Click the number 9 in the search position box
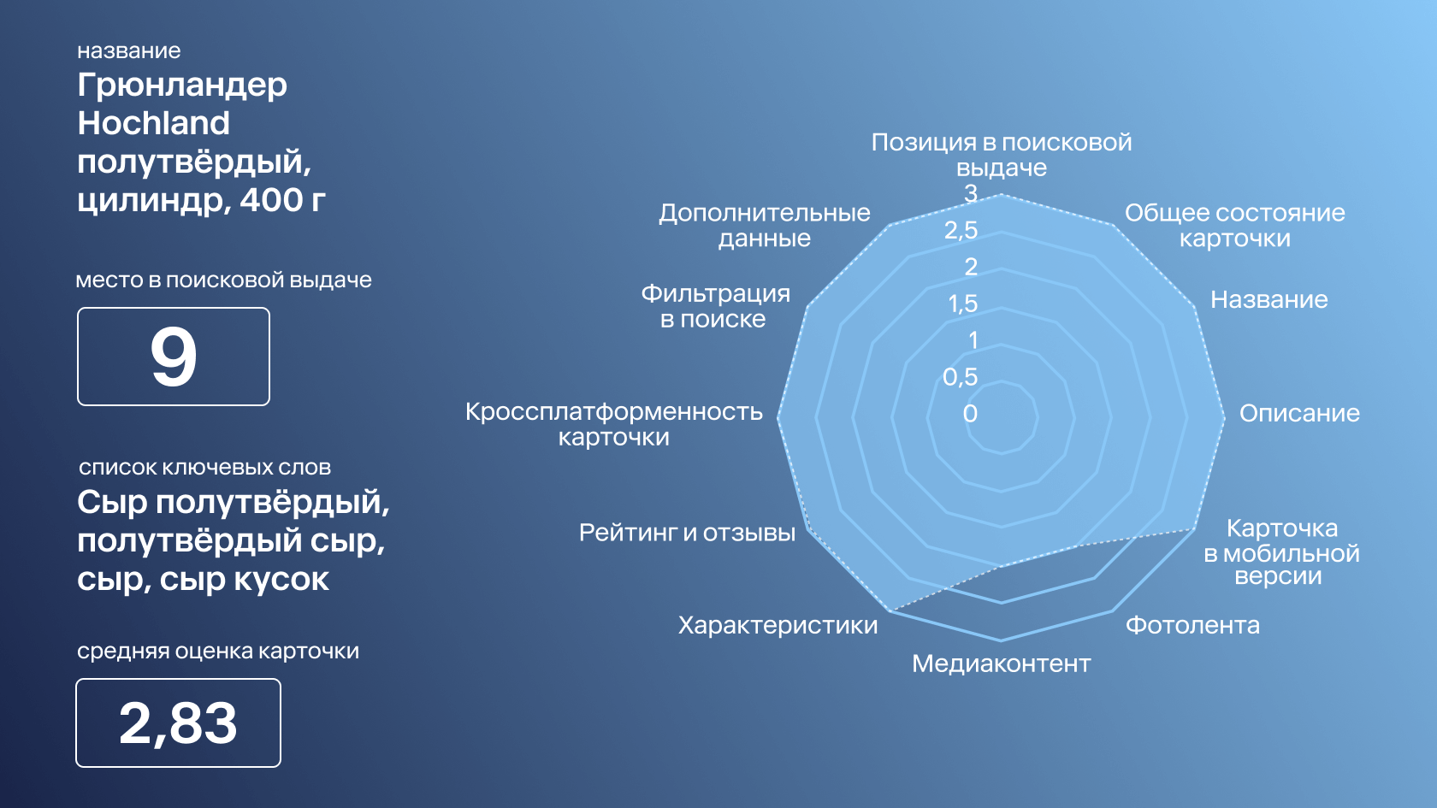[173, 357]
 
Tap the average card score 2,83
[178, 723]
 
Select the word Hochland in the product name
[153, 123]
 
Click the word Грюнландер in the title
[182, 86]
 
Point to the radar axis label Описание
[1299, 414]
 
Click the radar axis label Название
[1269, 299]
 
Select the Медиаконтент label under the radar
[1002, 664]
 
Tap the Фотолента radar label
[1192, 625]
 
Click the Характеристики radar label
[778, 625]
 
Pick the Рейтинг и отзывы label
[687, 533]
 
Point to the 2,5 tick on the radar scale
[961, 229]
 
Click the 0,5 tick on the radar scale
[961, 376]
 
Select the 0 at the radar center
[970, 414]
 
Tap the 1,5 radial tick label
[963, 304]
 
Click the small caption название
[129, 50]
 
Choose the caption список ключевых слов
[204, 468]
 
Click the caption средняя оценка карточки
[218, 652]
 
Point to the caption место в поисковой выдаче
[224, 280]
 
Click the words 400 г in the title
[283, 200]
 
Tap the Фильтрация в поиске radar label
[715, 306]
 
